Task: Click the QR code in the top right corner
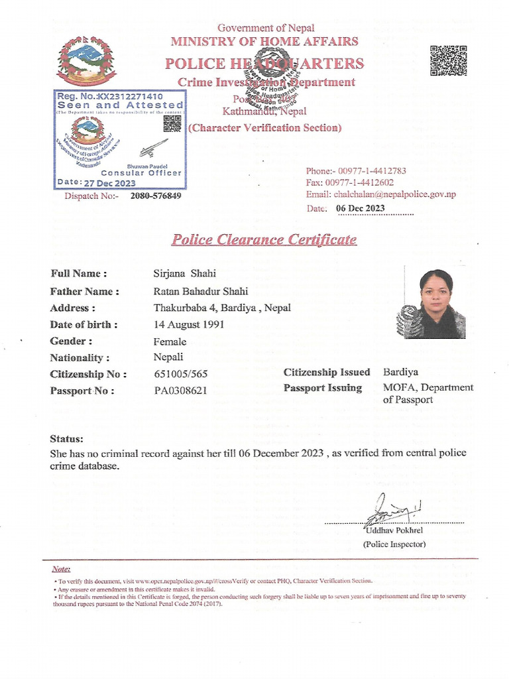(x=448, y=60)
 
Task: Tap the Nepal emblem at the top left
(x=87, y=61)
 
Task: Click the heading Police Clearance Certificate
(x=264, y=239)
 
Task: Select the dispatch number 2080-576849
(x=156, y=196)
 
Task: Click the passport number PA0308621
(x=180, y=391)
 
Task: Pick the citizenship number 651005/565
(x=181, y=374)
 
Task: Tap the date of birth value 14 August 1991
(x=189, y=324)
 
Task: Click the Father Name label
(x=85, y=291)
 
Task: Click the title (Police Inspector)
(x=394, y=544)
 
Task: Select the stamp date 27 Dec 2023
(x=110, y=183)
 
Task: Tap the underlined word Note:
(x=61, y=569)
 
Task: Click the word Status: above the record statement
(x=67, y=439)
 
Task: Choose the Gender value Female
(x=170, y=341)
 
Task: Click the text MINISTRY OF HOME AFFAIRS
(x=264, y=42)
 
